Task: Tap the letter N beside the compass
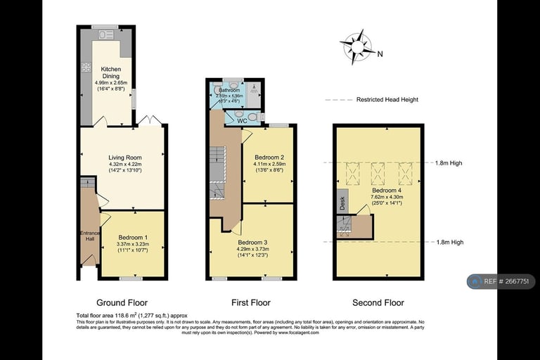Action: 380,55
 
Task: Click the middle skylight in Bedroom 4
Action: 378,171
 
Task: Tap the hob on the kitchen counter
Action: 87,67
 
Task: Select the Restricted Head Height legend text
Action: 387,100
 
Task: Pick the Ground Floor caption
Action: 123,303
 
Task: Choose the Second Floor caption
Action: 378,303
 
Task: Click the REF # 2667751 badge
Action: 501,281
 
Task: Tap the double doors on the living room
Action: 149,122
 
